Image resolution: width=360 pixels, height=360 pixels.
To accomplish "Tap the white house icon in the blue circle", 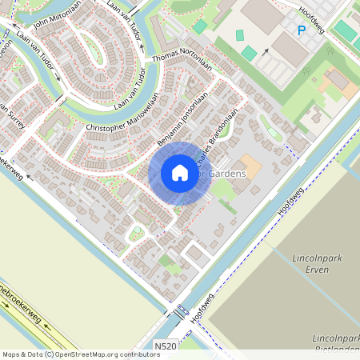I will pos(180,173).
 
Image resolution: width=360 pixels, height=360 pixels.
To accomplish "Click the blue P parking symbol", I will pos(302,30).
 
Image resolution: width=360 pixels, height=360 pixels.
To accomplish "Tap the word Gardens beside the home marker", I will pos(227,174).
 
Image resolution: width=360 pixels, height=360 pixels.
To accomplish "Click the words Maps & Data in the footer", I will pos(22,354).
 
